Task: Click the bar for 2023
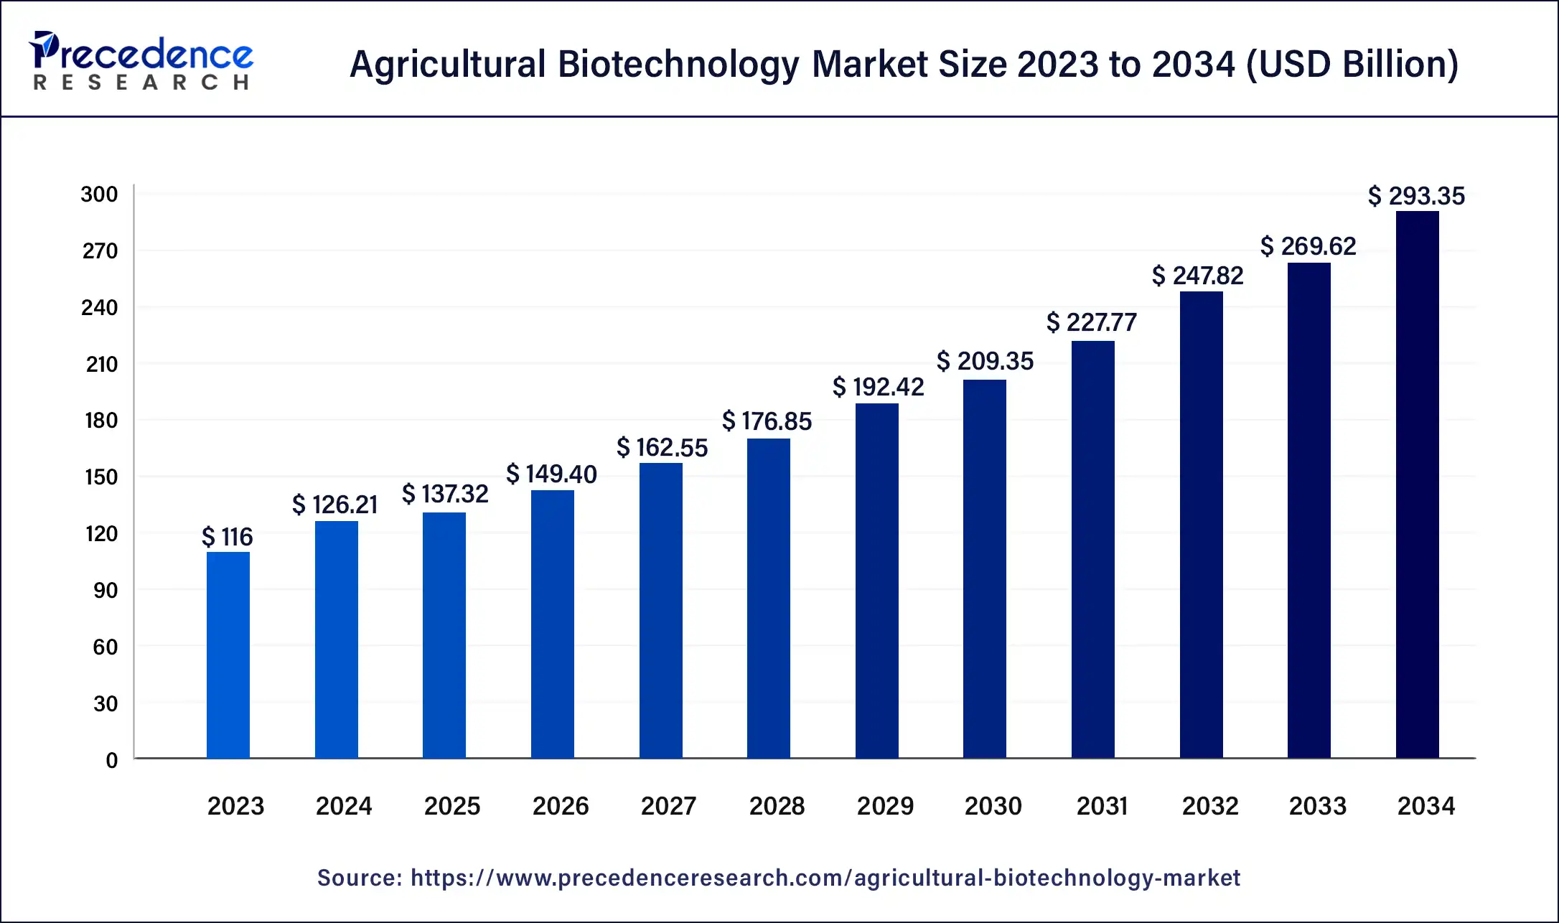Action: click(x=228, y=655)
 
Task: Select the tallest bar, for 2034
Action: click(x=1417, y=484)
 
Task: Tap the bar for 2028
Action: click(x=769, y=598)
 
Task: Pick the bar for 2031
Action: click(x=1093, y=549)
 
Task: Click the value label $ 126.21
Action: click(x=334, y=505)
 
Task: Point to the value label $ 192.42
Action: click(x=878, y=387)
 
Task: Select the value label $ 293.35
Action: click(x=1415, y=196)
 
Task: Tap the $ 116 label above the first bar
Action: click(x=227, y=537)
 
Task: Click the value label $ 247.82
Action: click(x=1197, y=276)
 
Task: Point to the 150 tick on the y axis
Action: click(x=101, y=477)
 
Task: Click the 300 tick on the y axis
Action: click(x=99, y=195)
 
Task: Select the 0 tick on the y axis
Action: click(x=111, y=760)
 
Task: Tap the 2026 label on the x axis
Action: click(x=560, y=806)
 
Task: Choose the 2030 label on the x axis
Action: click(x=993, y=806)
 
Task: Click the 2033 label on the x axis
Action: click(x=1317, y=806)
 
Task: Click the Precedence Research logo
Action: click(x=141, y=61)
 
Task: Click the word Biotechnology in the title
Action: click(x=678, y=65)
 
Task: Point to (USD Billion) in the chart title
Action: click(x=1352, y=65)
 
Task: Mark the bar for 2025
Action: click(x=444, y=635)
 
